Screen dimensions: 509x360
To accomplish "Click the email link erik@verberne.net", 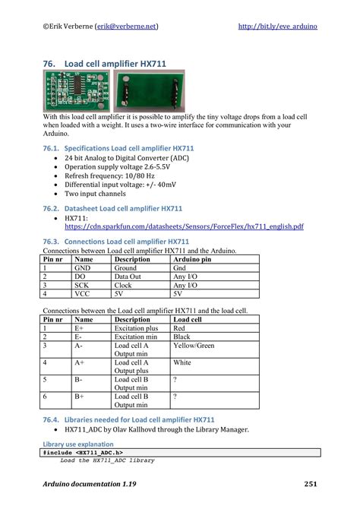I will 127,26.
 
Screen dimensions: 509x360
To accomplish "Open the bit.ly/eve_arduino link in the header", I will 277,26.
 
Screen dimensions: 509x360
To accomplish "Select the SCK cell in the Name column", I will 82,285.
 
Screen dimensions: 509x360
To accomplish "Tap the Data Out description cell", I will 129,277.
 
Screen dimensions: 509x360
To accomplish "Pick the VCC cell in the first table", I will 82,293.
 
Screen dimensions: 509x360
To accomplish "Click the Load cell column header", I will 188,319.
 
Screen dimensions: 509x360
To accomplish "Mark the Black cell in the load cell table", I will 182,337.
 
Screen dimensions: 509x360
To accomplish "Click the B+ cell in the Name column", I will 80,396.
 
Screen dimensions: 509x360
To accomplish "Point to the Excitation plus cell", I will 136,328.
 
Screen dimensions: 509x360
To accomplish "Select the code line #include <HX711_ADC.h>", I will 76,452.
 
